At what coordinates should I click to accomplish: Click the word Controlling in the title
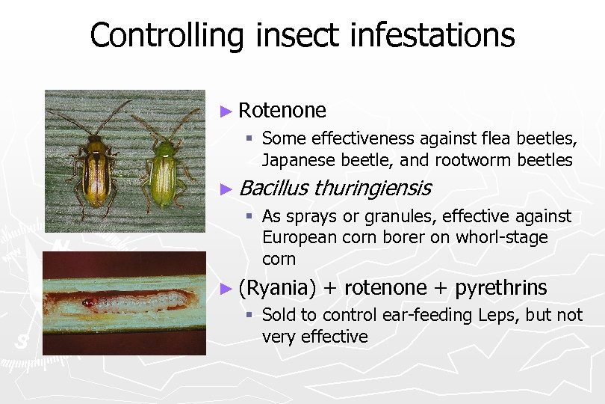165,35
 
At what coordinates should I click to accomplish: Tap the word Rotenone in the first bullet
282,111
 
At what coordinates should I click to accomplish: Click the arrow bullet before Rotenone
228,111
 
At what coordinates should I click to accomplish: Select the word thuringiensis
372,188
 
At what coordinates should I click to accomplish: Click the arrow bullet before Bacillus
228,189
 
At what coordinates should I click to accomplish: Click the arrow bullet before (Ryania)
228,288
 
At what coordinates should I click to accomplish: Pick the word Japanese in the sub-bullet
293,160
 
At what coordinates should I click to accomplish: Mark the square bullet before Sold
252,315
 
